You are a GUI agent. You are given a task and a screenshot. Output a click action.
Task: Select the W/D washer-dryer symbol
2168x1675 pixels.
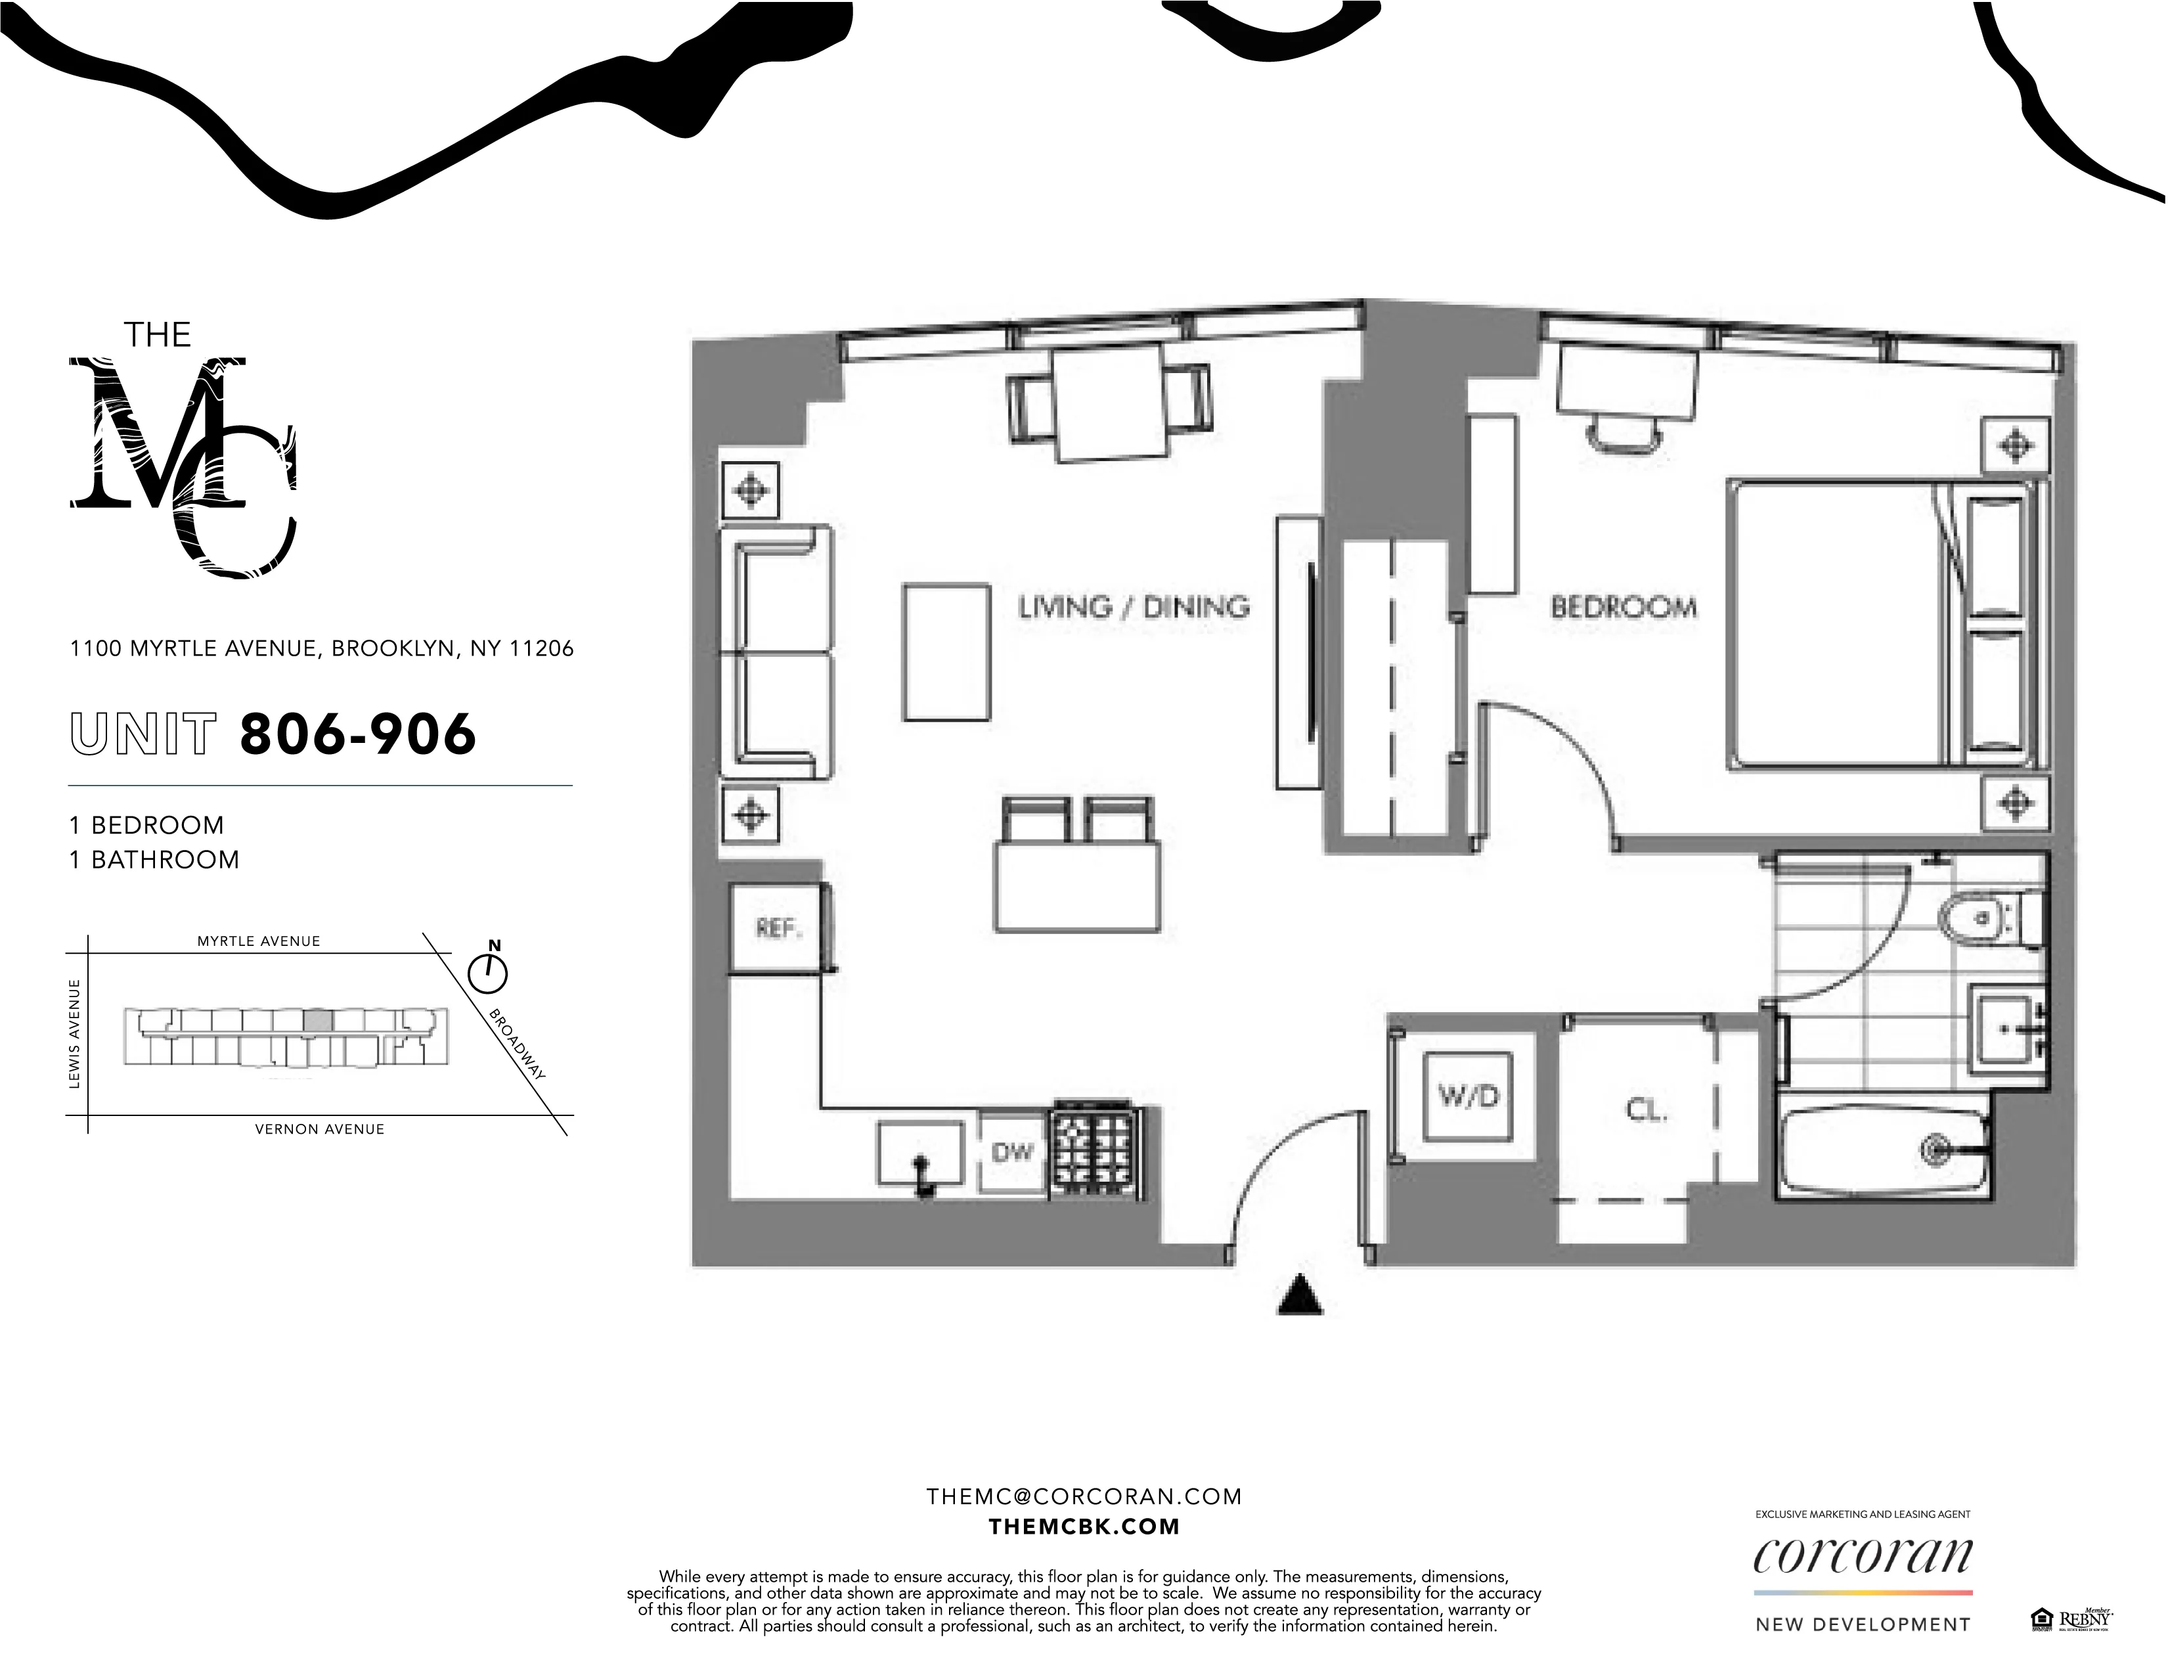(x=1468, y=1096)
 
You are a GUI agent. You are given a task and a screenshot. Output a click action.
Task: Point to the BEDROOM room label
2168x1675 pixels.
(x=1623, y=607)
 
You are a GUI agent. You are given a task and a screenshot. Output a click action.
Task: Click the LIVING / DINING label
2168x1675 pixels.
(x=1134, y=607)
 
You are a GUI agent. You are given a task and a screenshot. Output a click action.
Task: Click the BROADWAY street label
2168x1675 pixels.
(x=517, y=1044)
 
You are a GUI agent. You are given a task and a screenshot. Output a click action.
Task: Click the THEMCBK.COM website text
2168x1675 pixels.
(x=1084, y=1526)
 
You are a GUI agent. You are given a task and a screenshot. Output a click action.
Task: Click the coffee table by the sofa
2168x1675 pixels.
(x=946, y=652)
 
